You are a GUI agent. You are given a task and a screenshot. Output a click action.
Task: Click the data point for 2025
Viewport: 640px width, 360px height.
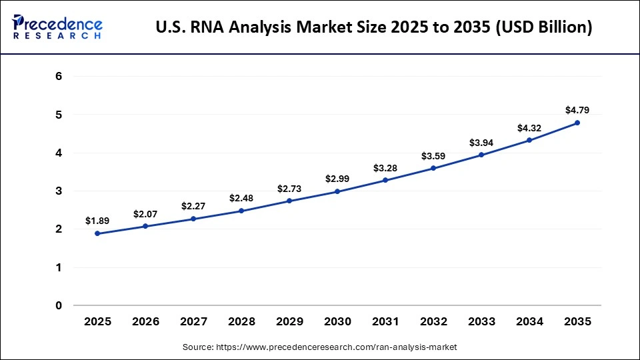(x=97, y=233)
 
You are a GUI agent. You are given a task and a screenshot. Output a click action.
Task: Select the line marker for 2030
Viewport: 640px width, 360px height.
(x=337, y=191)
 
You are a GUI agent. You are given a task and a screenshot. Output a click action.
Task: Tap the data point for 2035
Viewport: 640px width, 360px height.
(x=577, y=123)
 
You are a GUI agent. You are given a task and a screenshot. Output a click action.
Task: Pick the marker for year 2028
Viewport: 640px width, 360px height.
(x=241, y=211)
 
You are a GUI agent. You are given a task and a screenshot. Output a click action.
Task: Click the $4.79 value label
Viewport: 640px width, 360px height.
(x=577, y=110)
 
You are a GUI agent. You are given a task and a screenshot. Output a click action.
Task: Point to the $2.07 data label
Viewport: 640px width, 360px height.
(x=145, y=214)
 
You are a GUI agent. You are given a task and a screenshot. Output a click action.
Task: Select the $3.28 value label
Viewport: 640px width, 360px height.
(x=385, y=167)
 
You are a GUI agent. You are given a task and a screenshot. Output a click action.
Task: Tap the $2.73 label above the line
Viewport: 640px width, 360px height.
(x=289, y=189)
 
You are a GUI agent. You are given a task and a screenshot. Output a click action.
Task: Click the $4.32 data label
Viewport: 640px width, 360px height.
(x=529, y=127)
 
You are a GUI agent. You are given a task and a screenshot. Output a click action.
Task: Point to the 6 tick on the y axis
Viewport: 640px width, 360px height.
(x=59, y=77)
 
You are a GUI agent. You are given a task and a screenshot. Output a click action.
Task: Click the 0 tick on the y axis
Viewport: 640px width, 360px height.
(x=59, y=306)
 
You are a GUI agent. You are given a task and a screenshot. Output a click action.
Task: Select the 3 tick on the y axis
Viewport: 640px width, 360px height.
(x=59, y=191)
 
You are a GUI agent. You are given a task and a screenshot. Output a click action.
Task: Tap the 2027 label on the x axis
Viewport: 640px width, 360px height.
(x=193, y=322)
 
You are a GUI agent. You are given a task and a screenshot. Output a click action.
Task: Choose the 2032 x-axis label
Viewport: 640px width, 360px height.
(x=433, y=322)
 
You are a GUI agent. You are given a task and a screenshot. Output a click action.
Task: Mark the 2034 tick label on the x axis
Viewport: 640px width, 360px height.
(x=529, y=322)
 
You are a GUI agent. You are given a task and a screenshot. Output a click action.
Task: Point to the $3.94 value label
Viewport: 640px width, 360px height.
(x=481, y=142)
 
